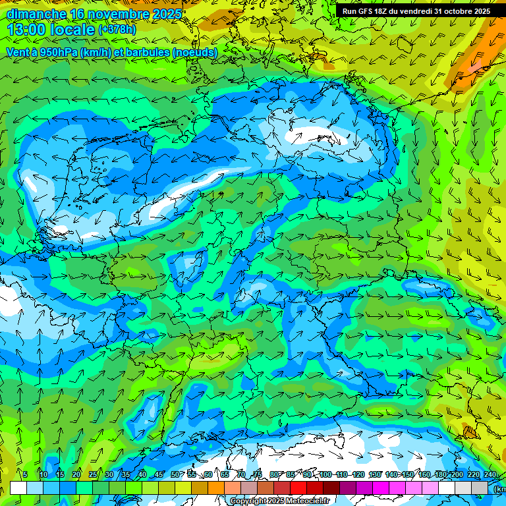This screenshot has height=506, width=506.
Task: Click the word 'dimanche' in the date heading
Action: pyautogui.click(x=36, y=14)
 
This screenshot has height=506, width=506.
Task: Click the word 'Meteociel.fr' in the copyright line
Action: pyautogui.click(x=304, y=501)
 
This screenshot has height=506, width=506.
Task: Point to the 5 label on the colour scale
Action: pyautogui.click(x=25, y=474)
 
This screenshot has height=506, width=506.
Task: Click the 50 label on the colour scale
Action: pyautogui.click(x=175, y=474)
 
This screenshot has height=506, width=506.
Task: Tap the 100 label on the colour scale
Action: pyautogui.click(x=325, y=474)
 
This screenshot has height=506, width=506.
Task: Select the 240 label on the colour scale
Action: pyautogui.click(x=490, y=474)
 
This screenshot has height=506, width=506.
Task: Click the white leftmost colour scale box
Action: pyautogui.click(x=18, y=488)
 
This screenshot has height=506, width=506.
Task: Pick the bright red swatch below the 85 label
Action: pyautogui.click(x=298, y=488)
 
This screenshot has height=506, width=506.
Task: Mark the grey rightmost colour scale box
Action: pyautogui.click(x=480, y=488)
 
